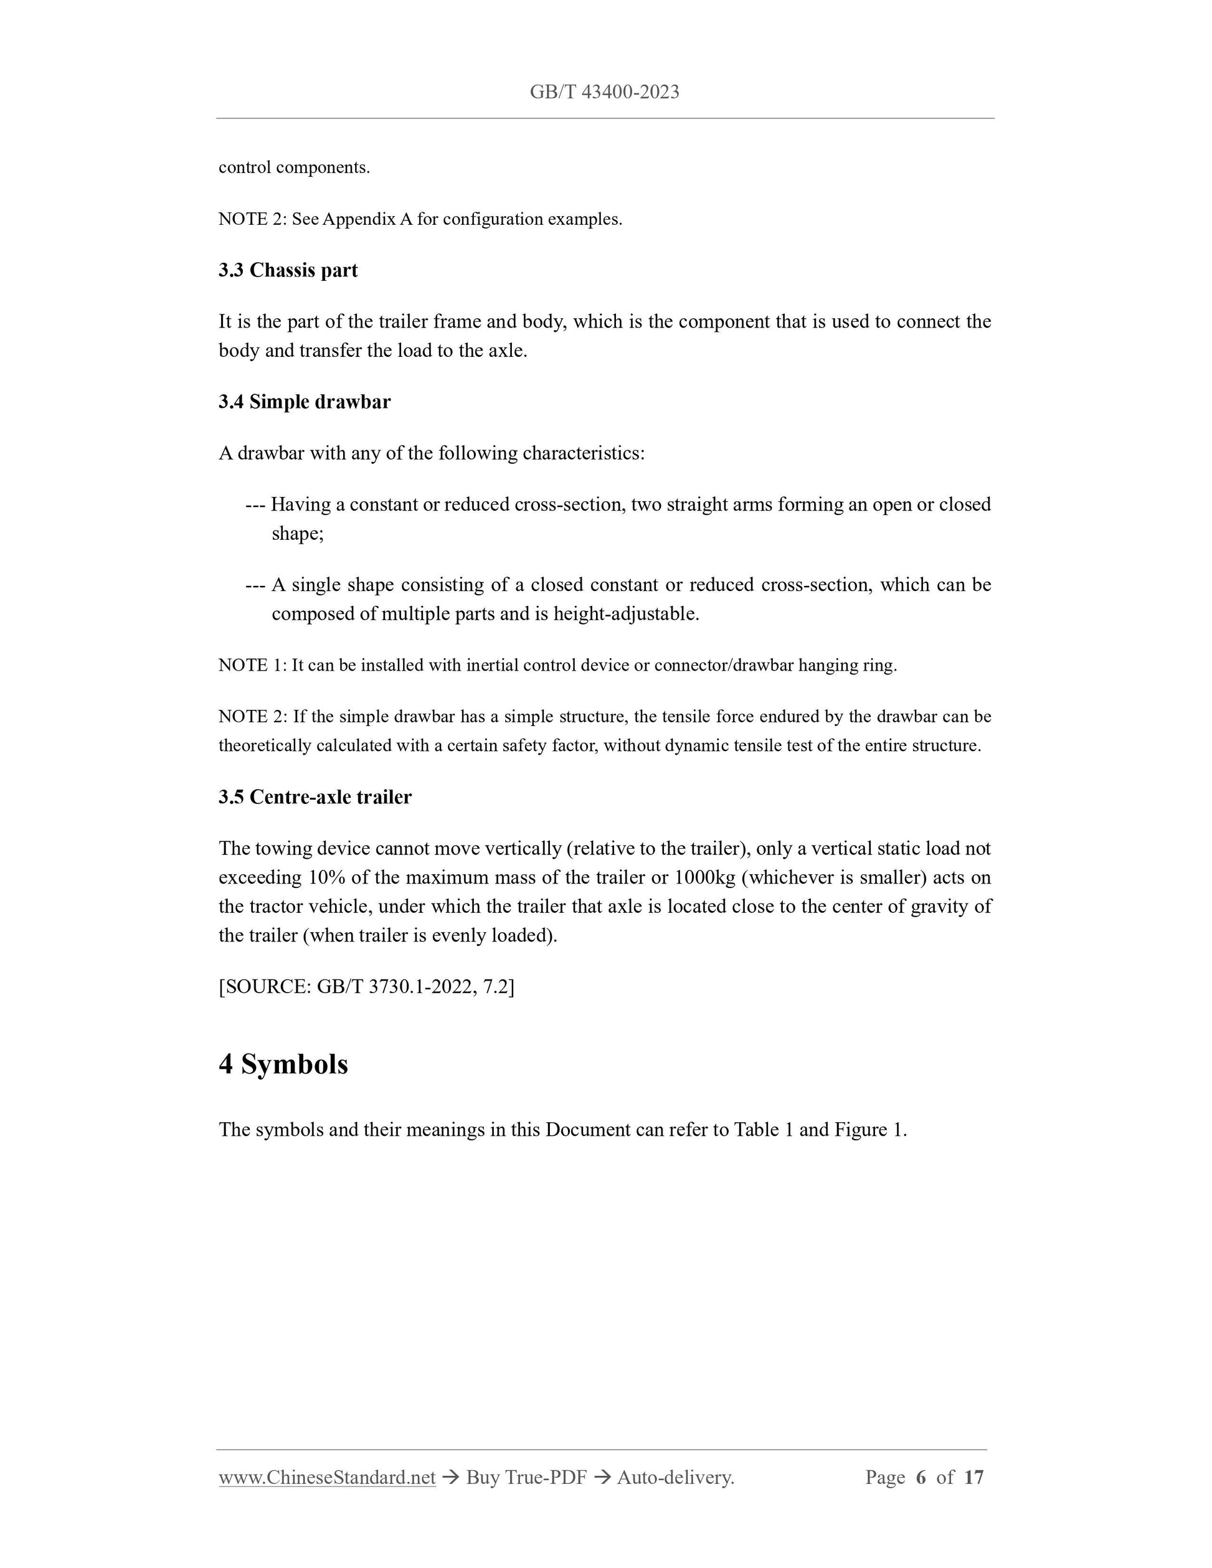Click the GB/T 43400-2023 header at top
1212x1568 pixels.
605,92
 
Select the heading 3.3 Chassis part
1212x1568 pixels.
288,270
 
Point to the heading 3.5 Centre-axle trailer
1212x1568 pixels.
315,797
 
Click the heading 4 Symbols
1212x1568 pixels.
283,1064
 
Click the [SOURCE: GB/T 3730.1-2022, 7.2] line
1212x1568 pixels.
366,986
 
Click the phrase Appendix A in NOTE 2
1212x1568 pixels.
367,219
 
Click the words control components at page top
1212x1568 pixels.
295,168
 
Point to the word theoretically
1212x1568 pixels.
265,745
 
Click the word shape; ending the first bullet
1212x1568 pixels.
297,534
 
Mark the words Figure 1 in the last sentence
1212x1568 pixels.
868,1130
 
